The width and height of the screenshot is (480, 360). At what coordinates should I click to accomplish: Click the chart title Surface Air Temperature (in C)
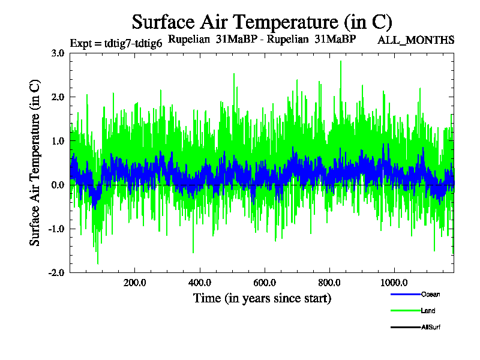[x=262, y=22]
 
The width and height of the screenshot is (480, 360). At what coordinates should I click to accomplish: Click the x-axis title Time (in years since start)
[x=262, y=298]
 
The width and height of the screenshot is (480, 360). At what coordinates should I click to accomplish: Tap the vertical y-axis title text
[x=35, y=162]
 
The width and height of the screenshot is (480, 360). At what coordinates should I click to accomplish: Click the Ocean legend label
[x=430, y=294]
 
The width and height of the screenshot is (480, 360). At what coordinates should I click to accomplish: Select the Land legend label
[x=428, y=311]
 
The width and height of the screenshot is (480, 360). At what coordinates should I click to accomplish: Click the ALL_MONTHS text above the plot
[x=415, y=40]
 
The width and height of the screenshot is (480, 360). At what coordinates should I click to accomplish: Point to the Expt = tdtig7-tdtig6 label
[x=116, y=43]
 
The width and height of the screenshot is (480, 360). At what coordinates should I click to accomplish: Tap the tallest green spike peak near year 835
[x=341, y=61]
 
